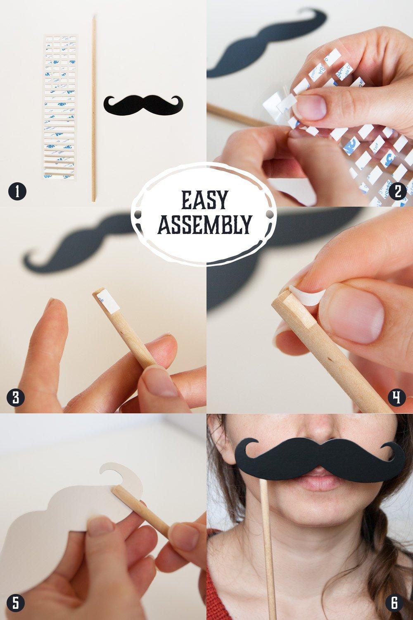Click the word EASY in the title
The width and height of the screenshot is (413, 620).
point(204,200)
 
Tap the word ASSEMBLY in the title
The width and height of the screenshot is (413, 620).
point(205,224)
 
